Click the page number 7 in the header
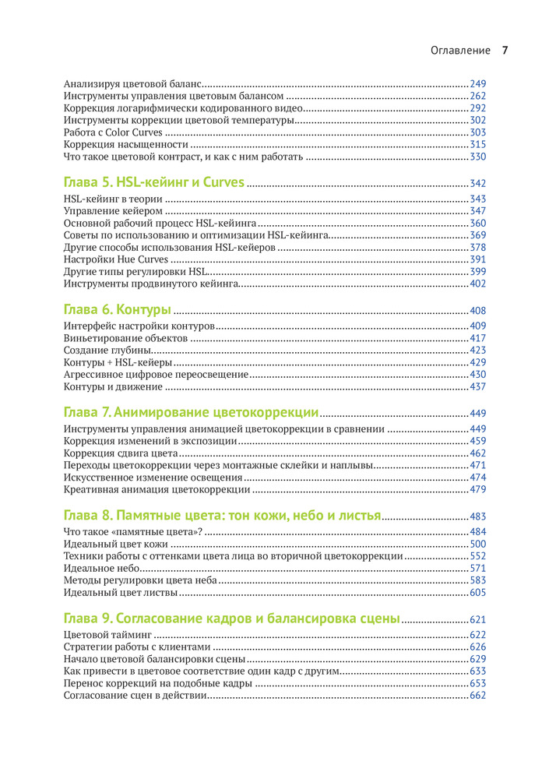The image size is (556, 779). coord(505,51)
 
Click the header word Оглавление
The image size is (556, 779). coord(460,51)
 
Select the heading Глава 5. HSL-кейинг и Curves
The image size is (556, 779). coord(154,183)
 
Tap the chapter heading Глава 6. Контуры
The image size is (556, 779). coord(118,310)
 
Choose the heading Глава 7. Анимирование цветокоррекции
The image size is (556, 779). coord(191,413)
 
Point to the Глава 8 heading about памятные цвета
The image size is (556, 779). coord(222,516)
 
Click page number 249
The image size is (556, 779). coord(477,83)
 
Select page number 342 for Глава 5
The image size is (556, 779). coord(477,184)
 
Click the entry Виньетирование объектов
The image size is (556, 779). coord(125,338)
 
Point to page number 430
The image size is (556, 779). coord(477,374)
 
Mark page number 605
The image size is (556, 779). coord(477,594)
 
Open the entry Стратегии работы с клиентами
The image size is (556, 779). coord(136,647)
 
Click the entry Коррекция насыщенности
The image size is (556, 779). coord(125,145)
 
